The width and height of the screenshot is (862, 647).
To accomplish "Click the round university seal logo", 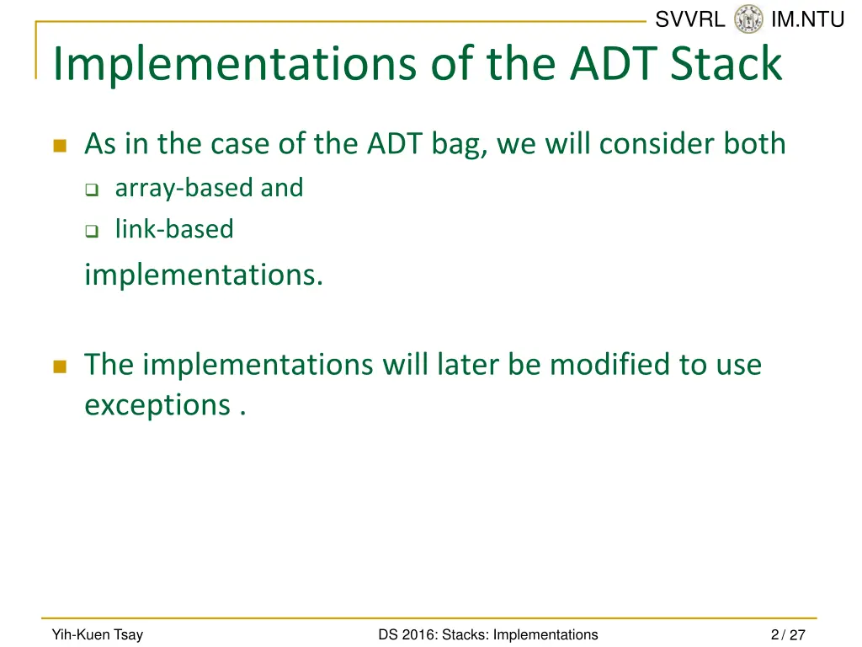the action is pos(748,19).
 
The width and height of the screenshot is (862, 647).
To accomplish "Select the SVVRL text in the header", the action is pos(690,19).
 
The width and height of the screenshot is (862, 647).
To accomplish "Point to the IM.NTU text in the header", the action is pos(807,19).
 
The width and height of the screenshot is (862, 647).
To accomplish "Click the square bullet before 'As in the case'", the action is pos(60,146).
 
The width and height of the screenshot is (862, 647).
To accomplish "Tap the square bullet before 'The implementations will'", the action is pos(60,366).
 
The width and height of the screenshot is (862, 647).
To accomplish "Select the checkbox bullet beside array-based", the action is pos(92,190).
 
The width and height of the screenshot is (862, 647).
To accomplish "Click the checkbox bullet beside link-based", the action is pos(92,231).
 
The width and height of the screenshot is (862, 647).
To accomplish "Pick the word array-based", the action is pos(184,189).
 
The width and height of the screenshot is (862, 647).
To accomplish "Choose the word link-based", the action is pos(174,229).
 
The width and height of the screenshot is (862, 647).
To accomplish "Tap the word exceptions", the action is pos(157,406).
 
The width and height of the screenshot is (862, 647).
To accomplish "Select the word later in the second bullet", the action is pos(468,364).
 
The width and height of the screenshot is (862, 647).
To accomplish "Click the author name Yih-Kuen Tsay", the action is pos(98,635).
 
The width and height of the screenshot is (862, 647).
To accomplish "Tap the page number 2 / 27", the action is pos(788,635).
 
